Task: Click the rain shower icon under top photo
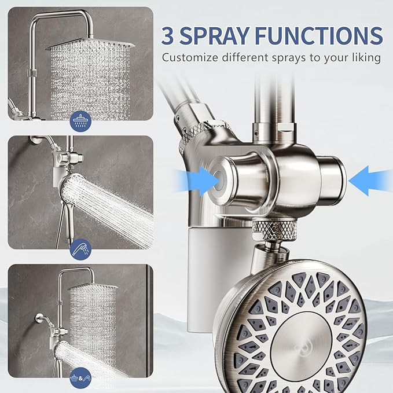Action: coord(80,120)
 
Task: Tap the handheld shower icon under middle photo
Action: coord(80,249)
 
